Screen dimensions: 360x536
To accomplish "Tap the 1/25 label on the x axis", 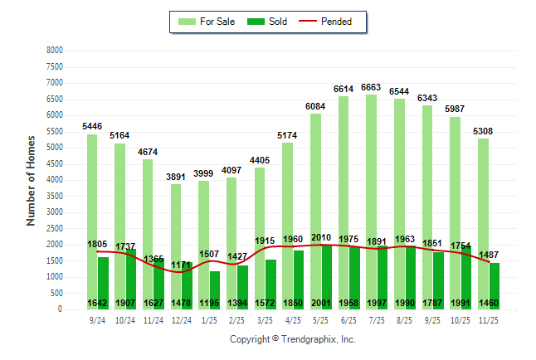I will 209,320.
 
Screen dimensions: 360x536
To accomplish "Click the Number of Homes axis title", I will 32,180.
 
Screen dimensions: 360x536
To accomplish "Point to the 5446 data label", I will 92,126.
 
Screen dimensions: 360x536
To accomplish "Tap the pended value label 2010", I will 321,237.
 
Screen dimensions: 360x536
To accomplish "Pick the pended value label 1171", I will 182,265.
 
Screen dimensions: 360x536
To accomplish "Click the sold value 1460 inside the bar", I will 490,303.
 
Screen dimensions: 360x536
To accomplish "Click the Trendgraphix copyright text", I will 292,339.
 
